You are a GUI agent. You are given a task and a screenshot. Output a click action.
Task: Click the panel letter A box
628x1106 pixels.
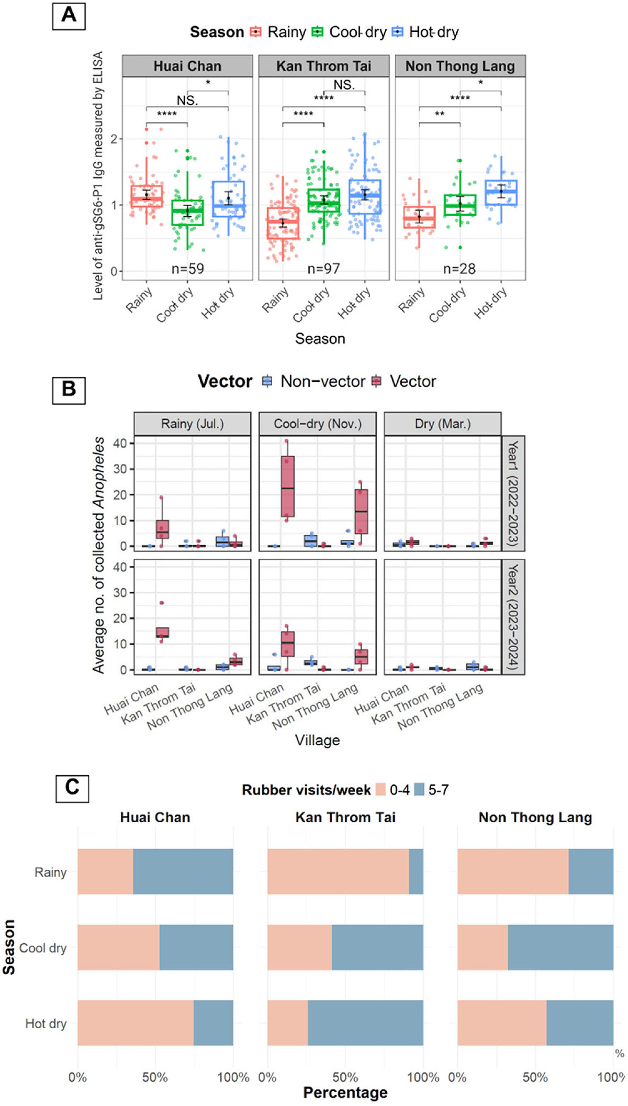69,16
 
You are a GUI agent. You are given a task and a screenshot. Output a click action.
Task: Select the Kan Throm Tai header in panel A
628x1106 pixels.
323,66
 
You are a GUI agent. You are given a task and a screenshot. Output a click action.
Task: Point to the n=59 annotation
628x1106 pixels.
187,269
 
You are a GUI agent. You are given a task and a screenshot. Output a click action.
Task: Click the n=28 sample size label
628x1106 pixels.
459,269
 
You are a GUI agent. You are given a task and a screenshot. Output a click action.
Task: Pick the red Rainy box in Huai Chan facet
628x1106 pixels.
147,196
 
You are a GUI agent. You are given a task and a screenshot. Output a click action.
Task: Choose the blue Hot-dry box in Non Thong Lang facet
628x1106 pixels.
501,193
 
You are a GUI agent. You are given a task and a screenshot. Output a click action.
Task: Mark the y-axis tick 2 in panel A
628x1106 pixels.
114,139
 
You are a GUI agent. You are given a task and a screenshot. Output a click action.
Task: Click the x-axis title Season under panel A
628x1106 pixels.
320,339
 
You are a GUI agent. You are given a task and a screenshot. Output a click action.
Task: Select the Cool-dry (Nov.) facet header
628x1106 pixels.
318,424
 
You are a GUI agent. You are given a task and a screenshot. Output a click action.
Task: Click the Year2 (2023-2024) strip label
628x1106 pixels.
513,617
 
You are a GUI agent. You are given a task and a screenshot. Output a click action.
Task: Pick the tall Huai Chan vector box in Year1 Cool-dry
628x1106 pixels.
287,486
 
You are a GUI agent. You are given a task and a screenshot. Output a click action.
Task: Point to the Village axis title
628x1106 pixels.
317,740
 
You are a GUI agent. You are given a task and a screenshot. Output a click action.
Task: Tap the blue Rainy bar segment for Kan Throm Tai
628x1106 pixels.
416,871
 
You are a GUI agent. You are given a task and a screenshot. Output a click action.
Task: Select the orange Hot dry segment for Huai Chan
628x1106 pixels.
135,1023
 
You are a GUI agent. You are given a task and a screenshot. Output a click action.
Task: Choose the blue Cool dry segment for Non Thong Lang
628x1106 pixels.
560,947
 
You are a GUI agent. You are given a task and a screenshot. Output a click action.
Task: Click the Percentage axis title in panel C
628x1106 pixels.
345,1092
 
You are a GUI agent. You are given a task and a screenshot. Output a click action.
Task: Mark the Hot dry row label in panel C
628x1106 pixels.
46,1023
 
